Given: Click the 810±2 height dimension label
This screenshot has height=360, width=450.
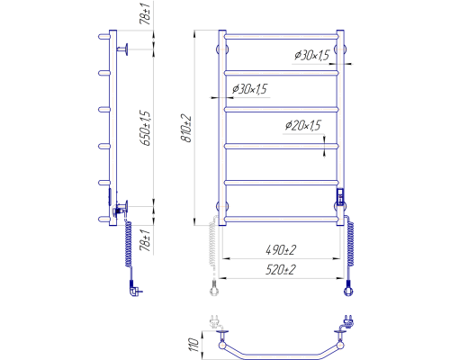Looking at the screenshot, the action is pos(186,128).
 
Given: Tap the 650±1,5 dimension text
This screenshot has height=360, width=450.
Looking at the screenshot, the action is pos(146,128).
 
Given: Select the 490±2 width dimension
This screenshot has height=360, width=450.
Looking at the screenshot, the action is pos(281,249).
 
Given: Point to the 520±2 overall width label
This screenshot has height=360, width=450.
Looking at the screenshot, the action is pos(281,270).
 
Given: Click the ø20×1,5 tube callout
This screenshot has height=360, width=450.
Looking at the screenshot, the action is pos(303,125).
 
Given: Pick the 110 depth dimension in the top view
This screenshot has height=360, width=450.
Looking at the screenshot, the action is pos(193,345).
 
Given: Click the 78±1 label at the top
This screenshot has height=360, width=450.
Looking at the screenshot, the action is pos(145,13).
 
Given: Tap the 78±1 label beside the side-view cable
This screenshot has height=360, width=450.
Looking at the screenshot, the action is pos(145,240).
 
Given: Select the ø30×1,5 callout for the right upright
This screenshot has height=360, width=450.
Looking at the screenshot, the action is pos(312,55).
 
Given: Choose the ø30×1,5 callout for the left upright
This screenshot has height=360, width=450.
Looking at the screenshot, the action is pos(249,89).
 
